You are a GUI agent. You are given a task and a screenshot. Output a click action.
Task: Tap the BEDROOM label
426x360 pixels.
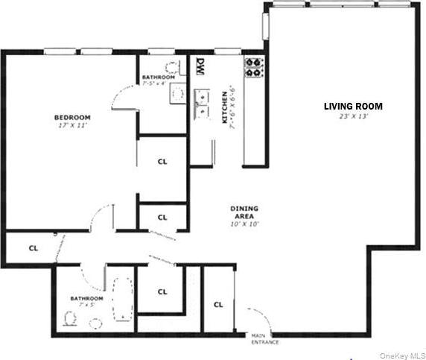pyautogui.click(x=71, y=117)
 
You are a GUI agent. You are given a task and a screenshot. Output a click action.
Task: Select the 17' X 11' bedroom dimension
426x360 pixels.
pyautogui.click(x=71, y=126)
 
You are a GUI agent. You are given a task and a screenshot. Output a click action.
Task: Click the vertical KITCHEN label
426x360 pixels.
pyautogui.click(x=224, y=107)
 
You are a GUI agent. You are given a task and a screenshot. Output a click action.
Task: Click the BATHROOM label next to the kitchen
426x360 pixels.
pyautogui.click(x=158, y=78)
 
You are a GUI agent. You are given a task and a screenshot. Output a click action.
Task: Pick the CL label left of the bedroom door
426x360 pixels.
pyautogui.click(x=33, y=247)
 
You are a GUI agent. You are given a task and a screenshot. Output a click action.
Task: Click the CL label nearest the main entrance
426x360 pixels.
pyautogui.click(x=218, y=304)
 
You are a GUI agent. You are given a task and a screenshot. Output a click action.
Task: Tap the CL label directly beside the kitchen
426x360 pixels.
pyautogui.click(x=162, y=160)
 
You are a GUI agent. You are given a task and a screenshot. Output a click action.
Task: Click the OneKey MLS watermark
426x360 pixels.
pyautogui.click(x=401, y=355)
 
